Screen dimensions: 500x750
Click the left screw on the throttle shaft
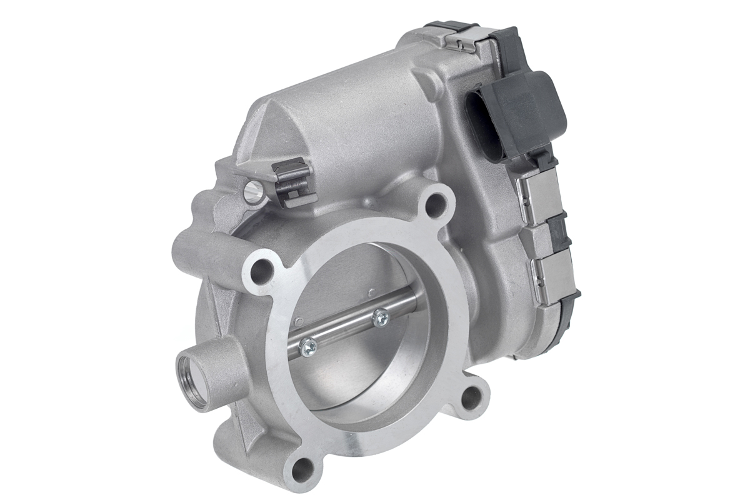(x=307, y=346)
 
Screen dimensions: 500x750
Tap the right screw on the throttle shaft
(x=379, y=318)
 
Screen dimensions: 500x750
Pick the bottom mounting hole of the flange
(x=304, y=466)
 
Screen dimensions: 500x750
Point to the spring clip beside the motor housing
(x=291, y=181)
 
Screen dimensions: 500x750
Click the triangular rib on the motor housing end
(x=269, y=134)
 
